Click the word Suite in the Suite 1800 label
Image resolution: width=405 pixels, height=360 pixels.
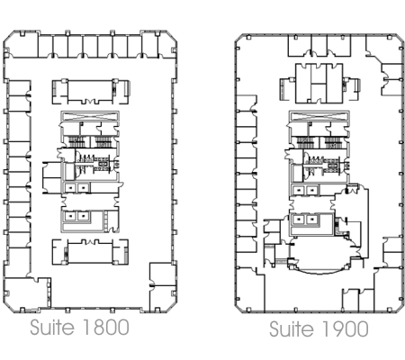tap(52, 327)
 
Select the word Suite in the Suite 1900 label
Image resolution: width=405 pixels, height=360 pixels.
tap(292, 328)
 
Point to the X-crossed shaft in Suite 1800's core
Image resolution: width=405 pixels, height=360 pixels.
tap(90, 116)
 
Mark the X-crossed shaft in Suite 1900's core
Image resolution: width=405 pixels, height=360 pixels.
tap(319, 116)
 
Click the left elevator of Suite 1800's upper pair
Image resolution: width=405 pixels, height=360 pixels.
tap(71, 188)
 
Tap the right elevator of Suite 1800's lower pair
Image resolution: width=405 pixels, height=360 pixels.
tap(84, 216)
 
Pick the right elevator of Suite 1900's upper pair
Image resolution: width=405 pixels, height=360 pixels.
tap(312, 190)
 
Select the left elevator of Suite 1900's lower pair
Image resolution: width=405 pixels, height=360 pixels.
tap(299, 220)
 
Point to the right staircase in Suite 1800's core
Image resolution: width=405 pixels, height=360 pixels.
tap(103, 141)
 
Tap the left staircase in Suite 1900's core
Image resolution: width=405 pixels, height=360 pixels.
tap(305, 142)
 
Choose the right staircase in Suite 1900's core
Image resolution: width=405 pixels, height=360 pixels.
tap(332, 142)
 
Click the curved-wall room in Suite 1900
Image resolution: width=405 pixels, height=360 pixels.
tap(320, 254)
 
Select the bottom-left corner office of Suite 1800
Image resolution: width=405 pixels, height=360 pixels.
tap(27, 293)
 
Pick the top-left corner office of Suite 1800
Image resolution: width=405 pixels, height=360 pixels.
tap(22, 45)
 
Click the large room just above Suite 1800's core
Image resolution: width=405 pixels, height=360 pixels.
tap(90, 91)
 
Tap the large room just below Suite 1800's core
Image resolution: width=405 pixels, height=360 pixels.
tap(90, 253)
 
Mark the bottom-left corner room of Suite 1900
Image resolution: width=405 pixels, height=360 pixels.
tap(250, 291)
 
